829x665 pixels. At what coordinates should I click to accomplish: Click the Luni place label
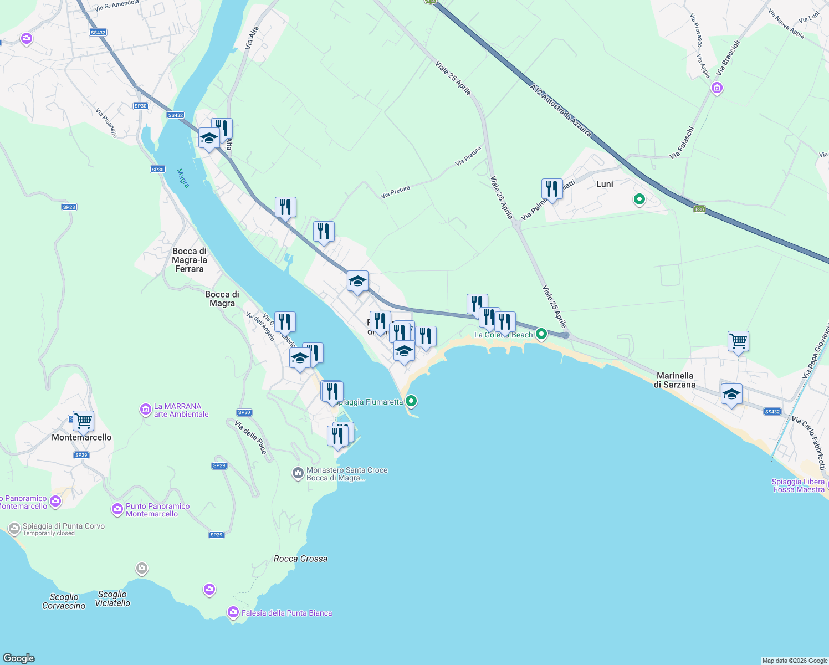pyautogui.click(x=605, y=184)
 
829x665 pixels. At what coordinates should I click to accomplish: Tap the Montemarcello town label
pyautogui.click(x=81, y=437)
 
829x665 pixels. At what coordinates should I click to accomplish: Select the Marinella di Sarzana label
pyautogui.click(x=674, y=380)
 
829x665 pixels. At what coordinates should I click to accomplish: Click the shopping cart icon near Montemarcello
pyautogui.click(x=83, y=421)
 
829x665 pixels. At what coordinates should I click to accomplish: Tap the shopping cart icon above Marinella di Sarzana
pyautogui.click(x=738, y=341)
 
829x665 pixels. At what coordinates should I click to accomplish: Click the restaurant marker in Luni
pyautogui.click(x=552, y=189)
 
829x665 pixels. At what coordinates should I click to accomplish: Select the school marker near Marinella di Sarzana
pyautogui.click(x=731, y=395)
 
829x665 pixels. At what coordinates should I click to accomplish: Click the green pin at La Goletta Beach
pyautogui.click(x=541, y=334)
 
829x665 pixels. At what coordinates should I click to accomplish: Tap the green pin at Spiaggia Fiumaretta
pyautogui.click(x=411, y=401)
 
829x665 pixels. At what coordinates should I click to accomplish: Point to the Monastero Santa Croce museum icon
pyautogui.click(x=298, y=473)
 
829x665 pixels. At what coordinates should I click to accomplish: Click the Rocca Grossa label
pyautogui.click(x=300, y=559)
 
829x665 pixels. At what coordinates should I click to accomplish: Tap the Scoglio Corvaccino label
pyautogui.click(x=64, y=601)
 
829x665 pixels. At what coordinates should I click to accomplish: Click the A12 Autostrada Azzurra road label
pyautogui.click(x=560, y=111)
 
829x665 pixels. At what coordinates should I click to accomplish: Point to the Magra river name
pyautogui.click(x=183, y=178)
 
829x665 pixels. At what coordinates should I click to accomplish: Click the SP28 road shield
pyautogui.click(x=69, y=207)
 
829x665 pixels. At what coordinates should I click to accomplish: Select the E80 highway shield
pyautogui.click(x=700, y=209)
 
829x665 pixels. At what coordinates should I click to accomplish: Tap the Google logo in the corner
pyautogui.click(x=19, y=658)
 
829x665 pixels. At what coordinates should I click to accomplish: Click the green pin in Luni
pyautogui.click(x=639, y=199)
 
